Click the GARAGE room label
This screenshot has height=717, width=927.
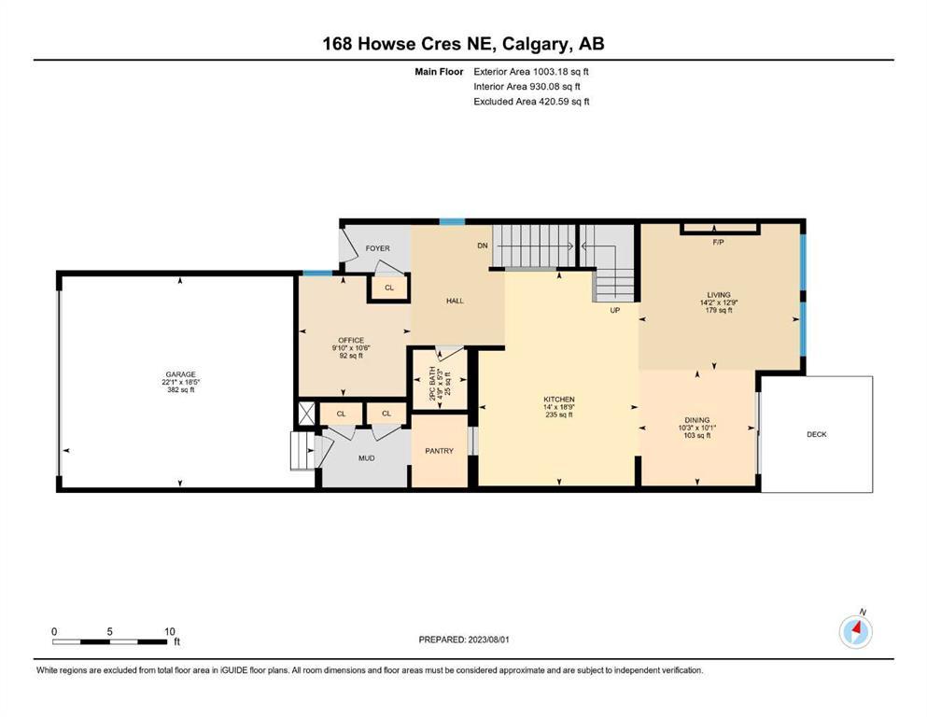[180, 374]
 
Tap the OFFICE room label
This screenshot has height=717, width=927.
[351, 341]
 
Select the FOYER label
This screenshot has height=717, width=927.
[378, 248]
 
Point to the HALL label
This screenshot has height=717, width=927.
[455, 301]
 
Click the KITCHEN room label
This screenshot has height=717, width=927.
[558, 400]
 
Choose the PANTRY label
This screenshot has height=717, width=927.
[440, 451]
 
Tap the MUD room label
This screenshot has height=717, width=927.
[367, 458]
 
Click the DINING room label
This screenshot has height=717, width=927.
[697, 420]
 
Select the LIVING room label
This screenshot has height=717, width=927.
[719, 294]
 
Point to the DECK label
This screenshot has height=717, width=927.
[817, 434]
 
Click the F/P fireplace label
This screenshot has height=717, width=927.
[718, 243]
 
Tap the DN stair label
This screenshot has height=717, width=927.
[483, 246]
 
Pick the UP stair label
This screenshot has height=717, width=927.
[615, 310]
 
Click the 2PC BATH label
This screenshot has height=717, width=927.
[432, 385]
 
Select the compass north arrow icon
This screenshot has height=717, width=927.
[855, 632]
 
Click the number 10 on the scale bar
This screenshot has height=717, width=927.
[170, 631]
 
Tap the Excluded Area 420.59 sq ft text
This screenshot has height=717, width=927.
[531, 102]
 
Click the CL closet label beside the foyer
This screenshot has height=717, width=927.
[389, 288]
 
